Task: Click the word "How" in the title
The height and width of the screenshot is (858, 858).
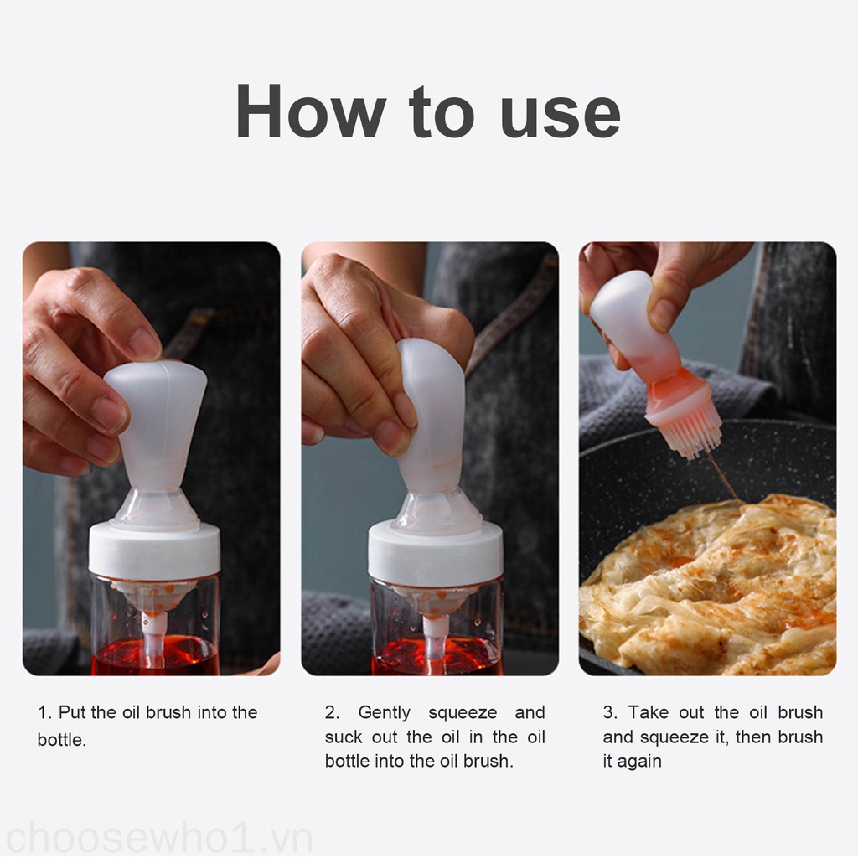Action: click(x=311, y=111)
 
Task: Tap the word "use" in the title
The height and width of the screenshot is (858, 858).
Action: click(x=561, y=116)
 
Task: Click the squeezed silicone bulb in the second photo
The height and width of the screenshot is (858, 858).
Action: click(x=432, y=415)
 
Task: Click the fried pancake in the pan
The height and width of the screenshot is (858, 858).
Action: click(x=711, y=586)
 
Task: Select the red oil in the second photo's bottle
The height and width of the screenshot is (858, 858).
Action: click(x=437, y=658)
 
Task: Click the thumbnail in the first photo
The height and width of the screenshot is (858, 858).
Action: click(x=143, y=344)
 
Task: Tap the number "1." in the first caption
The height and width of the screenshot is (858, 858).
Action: click(x=44, y=712)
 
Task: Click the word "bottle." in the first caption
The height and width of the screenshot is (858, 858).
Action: click(x=62, y=740)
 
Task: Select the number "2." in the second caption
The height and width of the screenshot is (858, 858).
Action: click(x=332, y=712)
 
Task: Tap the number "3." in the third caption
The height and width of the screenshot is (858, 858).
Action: click(x=610, y=712)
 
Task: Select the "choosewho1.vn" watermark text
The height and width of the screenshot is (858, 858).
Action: click(x=158, y=837)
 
